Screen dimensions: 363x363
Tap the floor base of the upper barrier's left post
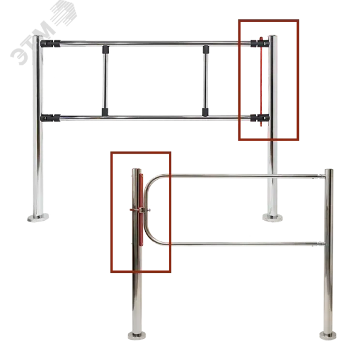click(x=38, y=217)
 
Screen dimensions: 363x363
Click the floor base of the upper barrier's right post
click(x=272, y=218)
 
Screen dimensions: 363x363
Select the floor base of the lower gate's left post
click(x=137, y=335)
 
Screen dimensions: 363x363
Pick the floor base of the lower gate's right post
click(x=328, y=335)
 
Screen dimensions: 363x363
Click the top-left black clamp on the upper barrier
click(x=50, y=44)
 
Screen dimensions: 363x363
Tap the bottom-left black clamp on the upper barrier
click(x=50, y=118)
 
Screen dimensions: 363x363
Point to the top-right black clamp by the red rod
click(x=260, y=43)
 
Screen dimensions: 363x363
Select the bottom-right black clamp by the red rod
click(x=260, y=117)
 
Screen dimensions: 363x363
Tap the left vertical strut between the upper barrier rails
click(x=105, y=80)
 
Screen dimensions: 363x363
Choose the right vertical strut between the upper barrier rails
click(x=205, y=80)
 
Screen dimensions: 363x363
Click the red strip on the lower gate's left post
click(x=141, y=209)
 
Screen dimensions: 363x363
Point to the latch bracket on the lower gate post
click(x=140, y=210)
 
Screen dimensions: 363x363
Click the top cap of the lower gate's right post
click(x=329, y=171)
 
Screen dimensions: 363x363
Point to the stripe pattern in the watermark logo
click(x=64, y=13)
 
